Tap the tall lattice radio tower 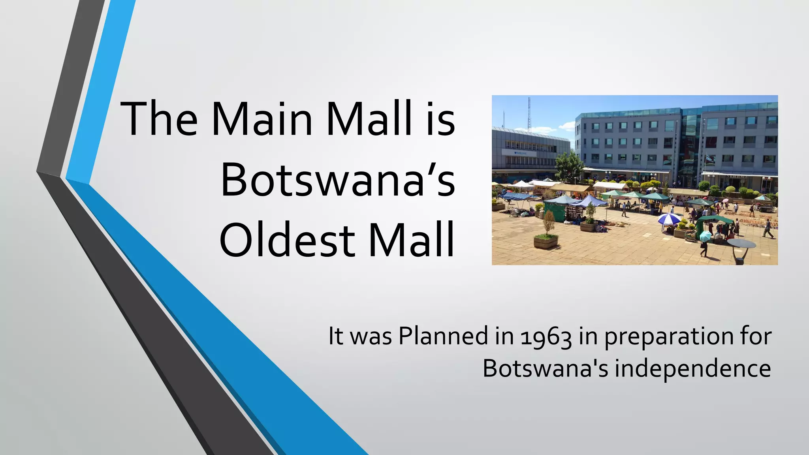pos(529,115)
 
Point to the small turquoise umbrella pos(705,236)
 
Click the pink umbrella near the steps pos(725,200)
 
